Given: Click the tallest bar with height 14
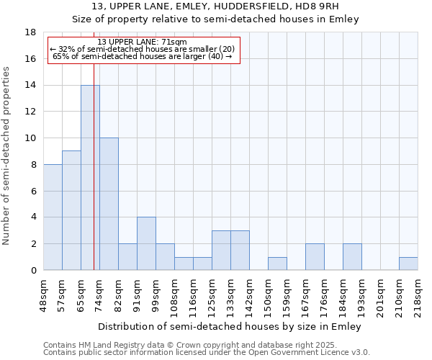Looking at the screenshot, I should [x=90, y=177].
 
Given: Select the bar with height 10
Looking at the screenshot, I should [x=109, y=204].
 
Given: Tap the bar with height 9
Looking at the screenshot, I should [x=71, y=210].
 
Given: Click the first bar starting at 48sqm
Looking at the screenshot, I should [x=53, y=217].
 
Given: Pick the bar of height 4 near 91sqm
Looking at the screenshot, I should [x=146, y=243].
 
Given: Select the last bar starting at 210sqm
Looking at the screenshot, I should [x=408, y=264].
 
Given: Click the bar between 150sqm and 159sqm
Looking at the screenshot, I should [x=277, y=264].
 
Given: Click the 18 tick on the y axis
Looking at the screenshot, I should [x=32, y=32].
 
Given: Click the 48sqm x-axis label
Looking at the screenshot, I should [x=43, y=294].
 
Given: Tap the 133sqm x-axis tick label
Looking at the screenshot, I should [x=230, y=294].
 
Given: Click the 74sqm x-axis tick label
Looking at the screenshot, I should [x=99, y=294].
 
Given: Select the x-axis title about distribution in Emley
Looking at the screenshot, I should [x=230, y=326].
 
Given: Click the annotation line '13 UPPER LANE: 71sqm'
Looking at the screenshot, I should [x=142, y=42].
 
